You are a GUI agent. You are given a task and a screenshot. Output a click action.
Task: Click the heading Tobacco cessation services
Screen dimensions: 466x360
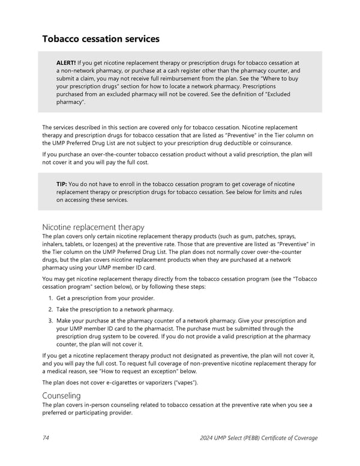click(x=101, y=39)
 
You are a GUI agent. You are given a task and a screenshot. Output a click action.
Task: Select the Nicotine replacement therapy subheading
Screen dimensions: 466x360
click(x=93, y=227)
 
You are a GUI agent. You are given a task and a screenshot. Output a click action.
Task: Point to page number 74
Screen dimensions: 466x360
click(x=46, y=438)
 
